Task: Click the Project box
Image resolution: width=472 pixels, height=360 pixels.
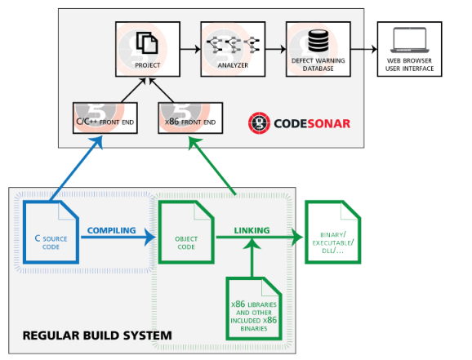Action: tap(148, 49)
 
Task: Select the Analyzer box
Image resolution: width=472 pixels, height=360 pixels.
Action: tap(233, 49)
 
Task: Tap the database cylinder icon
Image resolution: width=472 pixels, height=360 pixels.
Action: tap(318, 41)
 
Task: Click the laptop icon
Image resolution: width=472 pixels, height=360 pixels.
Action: tap(409, 40)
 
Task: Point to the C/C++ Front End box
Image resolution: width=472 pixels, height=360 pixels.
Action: tap(105, 118)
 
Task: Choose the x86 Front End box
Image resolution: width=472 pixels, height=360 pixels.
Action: tap(190, 118)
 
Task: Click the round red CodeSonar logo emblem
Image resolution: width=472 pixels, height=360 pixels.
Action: tap(259, 123)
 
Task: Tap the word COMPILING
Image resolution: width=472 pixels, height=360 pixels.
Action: tap(111, 230)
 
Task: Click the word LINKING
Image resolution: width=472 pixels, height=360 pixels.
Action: tap(252, 230)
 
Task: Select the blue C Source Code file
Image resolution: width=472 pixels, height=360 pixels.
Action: tap(51, 232)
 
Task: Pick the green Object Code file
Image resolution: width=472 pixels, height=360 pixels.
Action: tap(186, 232)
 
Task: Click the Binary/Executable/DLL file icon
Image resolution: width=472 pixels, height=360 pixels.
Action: tap(333, 232)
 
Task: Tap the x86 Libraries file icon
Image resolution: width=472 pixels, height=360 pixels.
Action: tap(254, 309)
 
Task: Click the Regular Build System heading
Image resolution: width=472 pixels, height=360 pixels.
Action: tap(97, 336)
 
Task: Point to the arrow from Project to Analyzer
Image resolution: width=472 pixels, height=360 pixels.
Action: tap(190, 49)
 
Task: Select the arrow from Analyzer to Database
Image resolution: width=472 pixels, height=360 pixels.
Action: tap(276, 49)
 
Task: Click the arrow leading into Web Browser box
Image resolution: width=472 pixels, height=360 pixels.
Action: tap(364, 49)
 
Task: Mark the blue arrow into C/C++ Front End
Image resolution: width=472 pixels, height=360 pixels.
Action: tap(77, 168)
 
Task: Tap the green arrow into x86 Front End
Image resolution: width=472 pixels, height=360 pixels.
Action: tap(212, 165)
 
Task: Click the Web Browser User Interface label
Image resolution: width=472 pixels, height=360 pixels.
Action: tap(409, 64)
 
